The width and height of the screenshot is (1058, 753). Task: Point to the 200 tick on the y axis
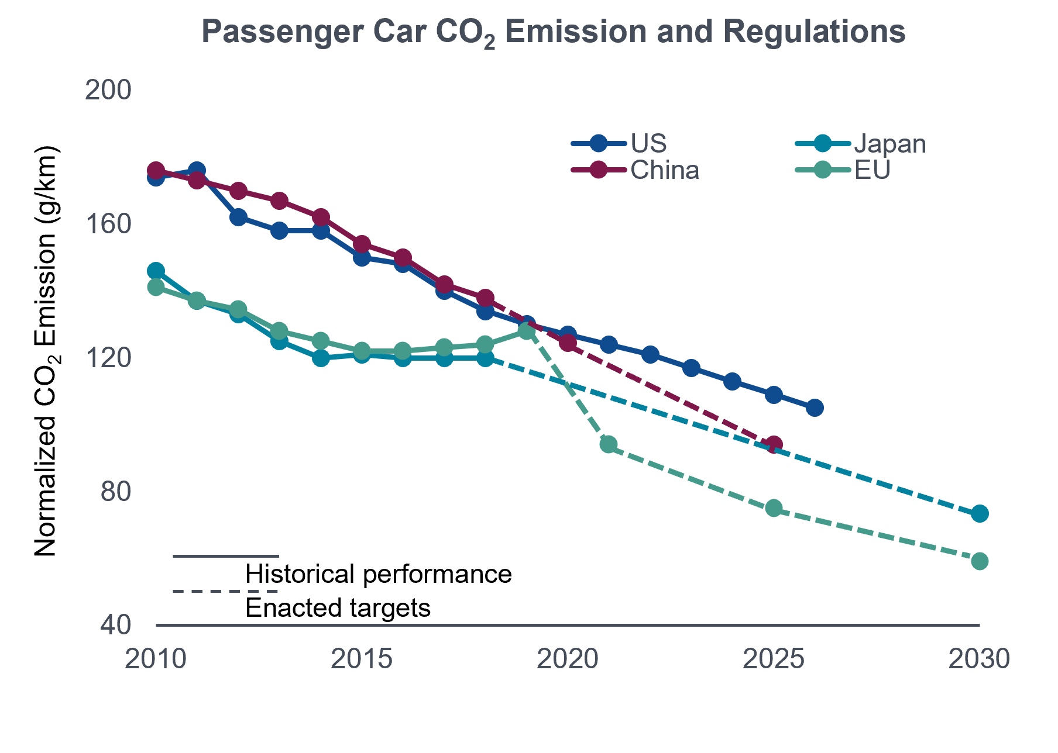[108, 91]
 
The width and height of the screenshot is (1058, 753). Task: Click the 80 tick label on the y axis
[116, 492]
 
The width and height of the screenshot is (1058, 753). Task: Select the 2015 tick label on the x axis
[362, 659]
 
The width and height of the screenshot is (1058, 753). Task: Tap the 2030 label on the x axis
[979, 659]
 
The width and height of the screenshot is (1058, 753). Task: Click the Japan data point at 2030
[980, 514]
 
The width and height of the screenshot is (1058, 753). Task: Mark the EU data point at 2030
[980, 561]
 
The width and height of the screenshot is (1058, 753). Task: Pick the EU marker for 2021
[609, 444]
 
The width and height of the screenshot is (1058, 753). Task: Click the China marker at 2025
[774, 445]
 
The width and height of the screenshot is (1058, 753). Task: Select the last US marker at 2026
[815, 408]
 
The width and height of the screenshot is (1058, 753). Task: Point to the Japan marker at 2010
[156, 271]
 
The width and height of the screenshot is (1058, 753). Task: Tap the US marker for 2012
[238, 217]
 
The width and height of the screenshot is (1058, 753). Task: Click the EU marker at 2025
[774, 508]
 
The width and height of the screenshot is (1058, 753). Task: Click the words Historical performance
[379, 574]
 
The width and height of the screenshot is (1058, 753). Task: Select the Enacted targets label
[338, 608]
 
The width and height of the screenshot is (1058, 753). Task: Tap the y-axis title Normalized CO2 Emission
[46, 351]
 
